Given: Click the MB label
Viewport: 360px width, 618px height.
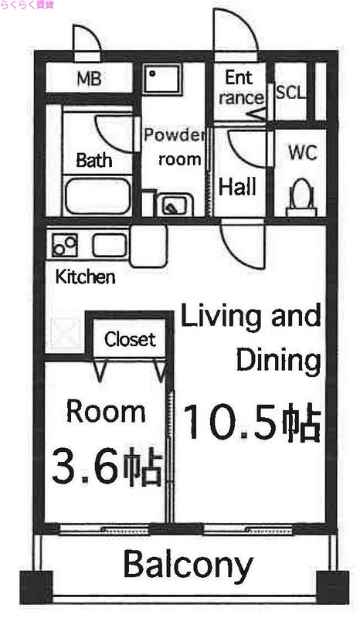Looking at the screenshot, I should tap(93, 78).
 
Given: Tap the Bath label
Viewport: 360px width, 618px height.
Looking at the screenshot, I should tap(93, 161).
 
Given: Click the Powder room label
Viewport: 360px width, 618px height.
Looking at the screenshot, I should tap(175, 148).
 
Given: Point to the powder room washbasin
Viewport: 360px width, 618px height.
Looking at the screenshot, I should tap(171, 205).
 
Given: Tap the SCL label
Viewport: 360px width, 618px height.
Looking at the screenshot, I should tap(290, 93).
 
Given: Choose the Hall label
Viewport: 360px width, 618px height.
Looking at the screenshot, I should tap(237, 187).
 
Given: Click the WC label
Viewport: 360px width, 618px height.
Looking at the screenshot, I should tap(302, 153).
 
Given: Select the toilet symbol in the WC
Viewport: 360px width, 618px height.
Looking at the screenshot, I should tap(301, 198).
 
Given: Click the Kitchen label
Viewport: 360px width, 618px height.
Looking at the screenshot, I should tap(86, 277).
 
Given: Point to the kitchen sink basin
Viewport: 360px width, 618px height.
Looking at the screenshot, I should tap(110, 246).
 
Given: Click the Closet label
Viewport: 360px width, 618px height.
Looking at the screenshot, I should tap(130, 339).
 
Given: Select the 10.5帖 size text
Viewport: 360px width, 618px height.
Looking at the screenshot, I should tap(252, 423).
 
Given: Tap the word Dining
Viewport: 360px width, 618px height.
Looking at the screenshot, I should tap(278, 359).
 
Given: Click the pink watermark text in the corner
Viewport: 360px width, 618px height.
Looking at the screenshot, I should tap(28, 7).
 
